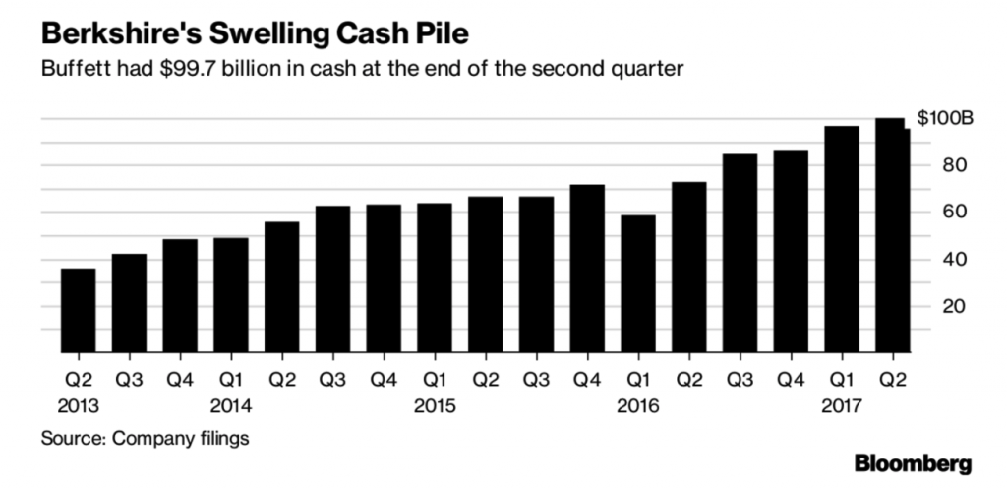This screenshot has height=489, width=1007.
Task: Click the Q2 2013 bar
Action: coord(79,310)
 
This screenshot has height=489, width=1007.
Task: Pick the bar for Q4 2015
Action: coord(587,268)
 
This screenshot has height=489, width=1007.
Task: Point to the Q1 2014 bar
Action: coord(231,294)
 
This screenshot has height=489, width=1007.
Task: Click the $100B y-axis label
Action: coord(945,118)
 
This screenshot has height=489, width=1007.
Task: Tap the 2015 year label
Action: coord(435,404)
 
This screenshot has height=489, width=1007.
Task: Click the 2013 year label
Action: coord(79,404)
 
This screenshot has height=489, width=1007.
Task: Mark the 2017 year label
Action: coord(842,404)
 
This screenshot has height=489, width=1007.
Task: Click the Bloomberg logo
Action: coord(914,463)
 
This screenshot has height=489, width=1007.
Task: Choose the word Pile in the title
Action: coord(442,34)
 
